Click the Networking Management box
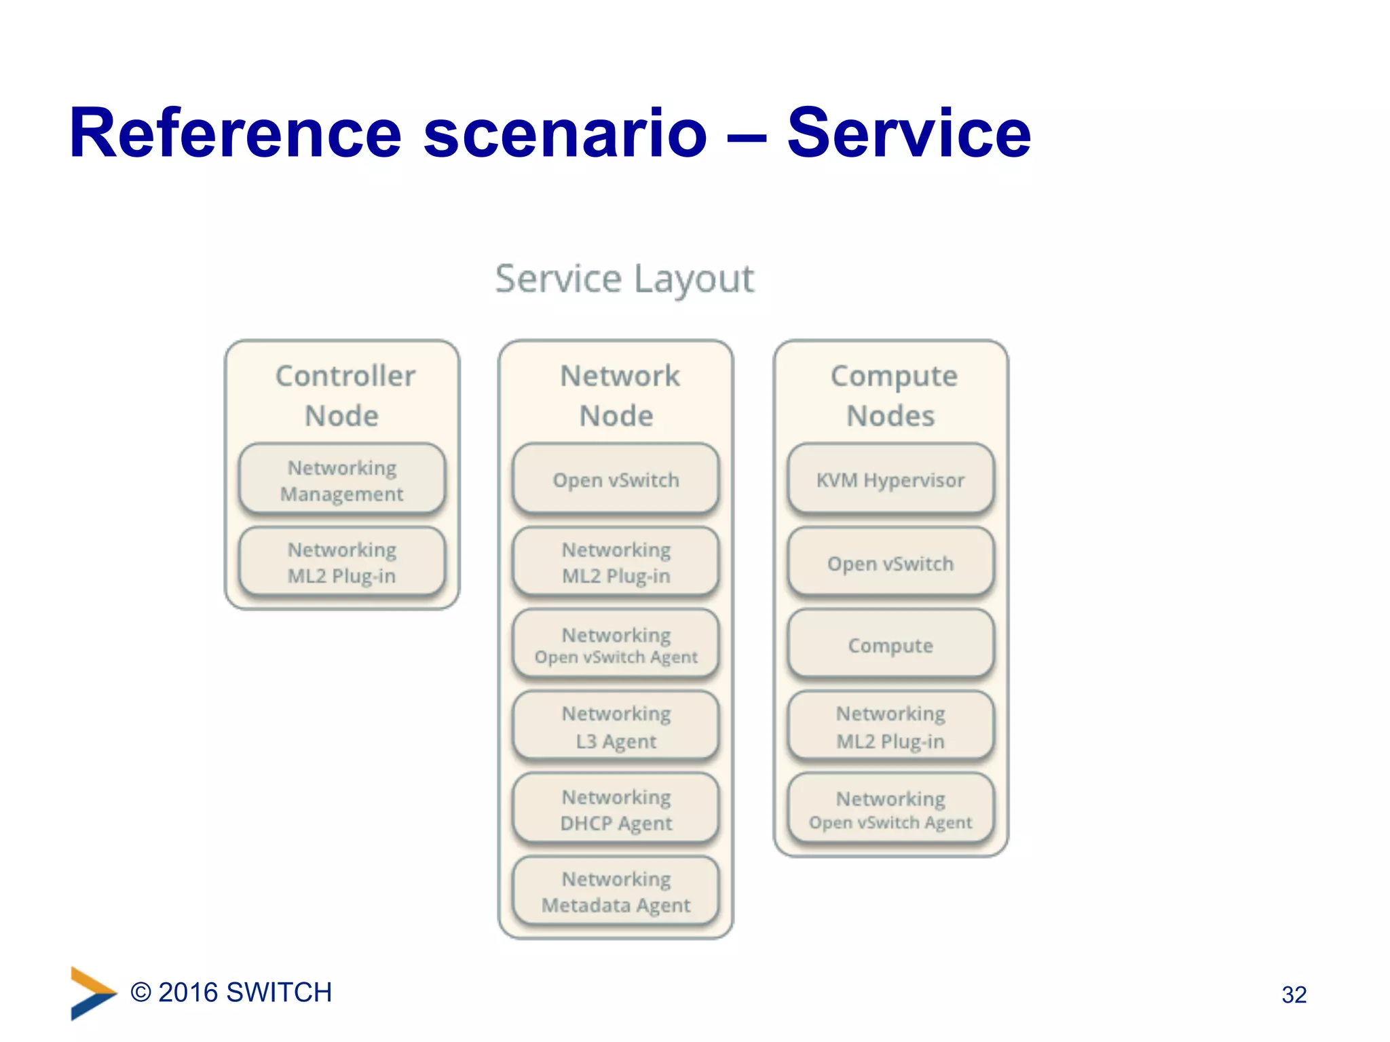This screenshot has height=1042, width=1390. point(342,480)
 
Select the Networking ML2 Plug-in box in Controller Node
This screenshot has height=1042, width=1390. point(342,562)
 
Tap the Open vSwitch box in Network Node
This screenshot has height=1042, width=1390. point(616,480)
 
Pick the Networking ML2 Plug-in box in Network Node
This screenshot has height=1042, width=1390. point(616,562)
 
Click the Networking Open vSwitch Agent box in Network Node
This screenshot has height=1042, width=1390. point(616,644)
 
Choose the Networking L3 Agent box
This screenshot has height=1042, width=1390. point(616,727)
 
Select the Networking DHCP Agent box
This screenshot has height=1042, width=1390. point(616,809)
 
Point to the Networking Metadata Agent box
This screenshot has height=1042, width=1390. point(616,891)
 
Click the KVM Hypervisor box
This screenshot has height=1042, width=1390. point(890,480)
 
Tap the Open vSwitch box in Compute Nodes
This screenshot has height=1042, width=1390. point(890,563)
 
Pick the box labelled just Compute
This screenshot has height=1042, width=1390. point(890,644)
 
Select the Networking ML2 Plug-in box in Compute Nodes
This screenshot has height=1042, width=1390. point(890,727)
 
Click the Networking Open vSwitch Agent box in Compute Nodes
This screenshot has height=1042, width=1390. point(890,809)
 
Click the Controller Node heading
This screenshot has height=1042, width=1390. point(343,395)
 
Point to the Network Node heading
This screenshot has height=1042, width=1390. point(618,395)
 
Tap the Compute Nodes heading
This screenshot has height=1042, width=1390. point(893,395)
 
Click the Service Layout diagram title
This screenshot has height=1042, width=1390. point(624,279)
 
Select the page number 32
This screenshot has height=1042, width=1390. point(1294,995)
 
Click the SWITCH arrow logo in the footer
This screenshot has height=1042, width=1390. point(92,992)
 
